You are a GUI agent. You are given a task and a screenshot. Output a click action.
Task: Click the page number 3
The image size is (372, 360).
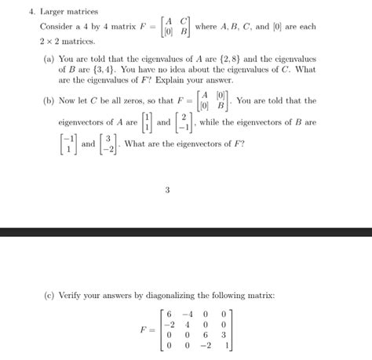coord(167,187)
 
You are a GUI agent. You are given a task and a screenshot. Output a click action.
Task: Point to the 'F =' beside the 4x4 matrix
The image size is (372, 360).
coord(147,328)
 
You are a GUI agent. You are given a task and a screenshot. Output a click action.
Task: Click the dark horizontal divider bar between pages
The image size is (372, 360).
coord(186,232)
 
